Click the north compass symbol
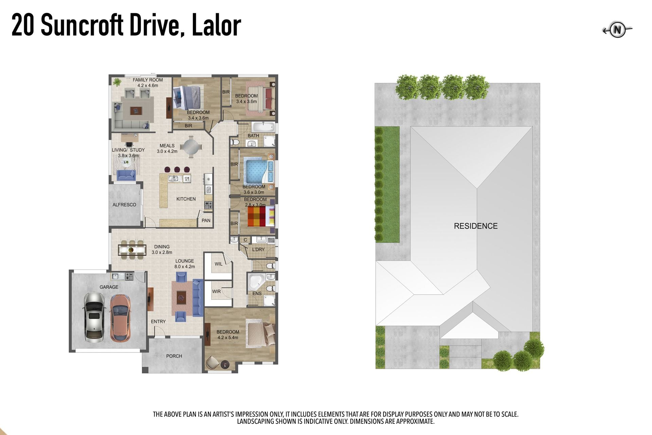[x=617, y=30]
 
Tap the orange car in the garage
[x=120, y=318]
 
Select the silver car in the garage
[x=93, y=317]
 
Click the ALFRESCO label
[x=124, y=205]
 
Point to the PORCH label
[x=174, y=356]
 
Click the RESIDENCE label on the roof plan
[x=475, y=226]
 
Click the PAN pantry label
[x=206, y=220]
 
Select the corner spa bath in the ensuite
[x=256, y=281]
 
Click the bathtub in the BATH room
[x=263, y=127]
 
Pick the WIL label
[x=218, y=264]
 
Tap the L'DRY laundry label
[x=258, y=249]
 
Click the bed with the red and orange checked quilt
[x=261, y=216]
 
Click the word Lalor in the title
[x=216, y=25]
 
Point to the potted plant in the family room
[x=117, y=82]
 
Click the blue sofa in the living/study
[x=126, y=175]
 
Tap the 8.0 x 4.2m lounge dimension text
[x=184, y=266]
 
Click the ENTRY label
[x=158, y=321]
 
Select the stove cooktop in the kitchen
[x=209, y=205]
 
